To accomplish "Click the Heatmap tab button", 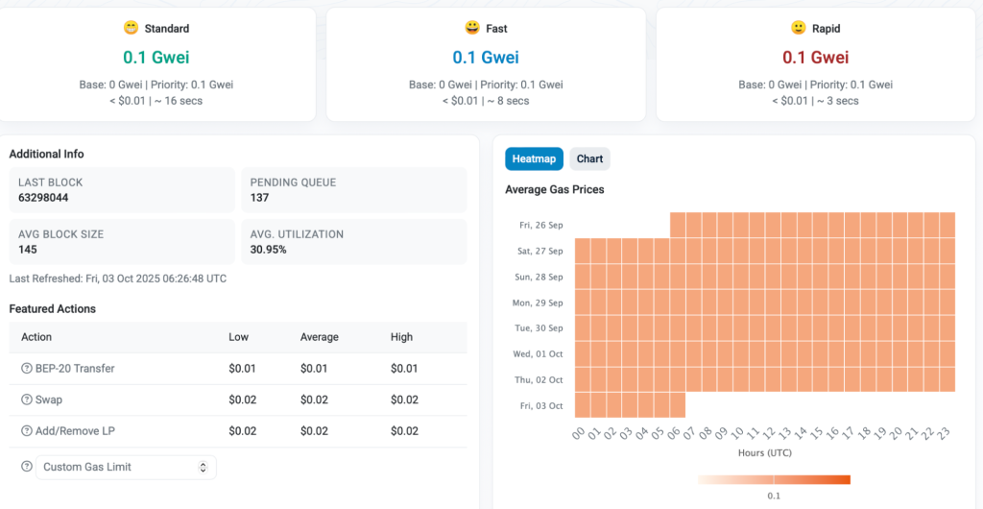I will point(534,158).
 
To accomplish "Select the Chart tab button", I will point(589,158).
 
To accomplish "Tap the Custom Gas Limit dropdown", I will point(126,467).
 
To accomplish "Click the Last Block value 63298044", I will point(43,198).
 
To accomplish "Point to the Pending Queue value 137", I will point(259,198).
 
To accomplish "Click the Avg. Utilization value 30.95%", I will point(269,250).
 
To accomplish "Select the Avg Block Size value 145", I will point(28,250).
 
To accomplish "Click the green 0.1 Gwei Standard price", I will point(156,58).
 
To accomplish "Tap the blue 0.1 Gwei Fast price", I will point(486,58).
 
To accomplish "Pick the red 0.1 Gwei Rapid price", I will point(815,58).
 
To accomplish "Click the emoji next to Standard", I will point(131,28).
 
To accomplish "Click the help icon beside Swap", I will point(27,400).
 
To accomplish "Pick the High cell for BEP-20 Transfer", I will point(404,369).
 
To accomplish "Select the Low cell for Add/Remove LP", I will point(242,431).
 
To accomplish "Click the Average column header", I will point(319,337).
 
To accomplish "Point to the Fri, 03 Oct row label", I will point(540,405).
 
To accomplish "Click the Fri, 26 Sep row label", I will point(540,225).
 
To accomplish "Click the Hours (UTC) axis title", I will point(764,452).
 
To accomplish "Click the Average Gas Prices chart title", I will point(555,190).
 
